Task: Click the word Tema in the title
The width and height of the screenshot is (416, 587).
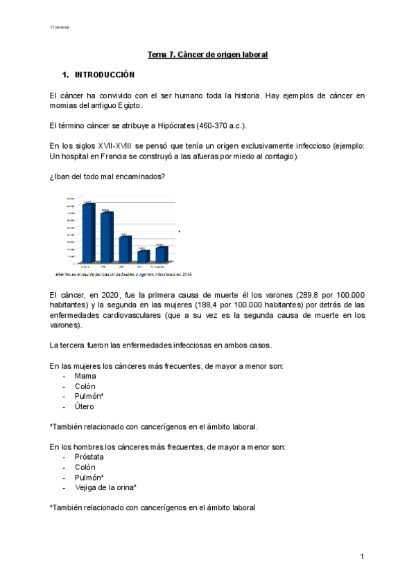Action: [x=157, y=54]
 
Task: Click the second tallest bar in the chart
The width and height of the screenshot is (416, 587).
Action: [x=106, y=237]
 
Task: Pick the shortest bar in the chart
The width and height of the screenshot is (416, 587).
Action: [x=143, y=256]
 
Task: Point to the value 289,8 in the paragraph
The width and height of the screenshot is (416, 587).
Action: [x=296, y=295]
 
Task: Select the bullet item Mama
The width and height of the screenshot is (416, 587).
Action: [x=85, y=376]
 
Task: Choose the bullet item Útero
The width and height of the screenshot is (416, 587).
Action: [x=85, y=406]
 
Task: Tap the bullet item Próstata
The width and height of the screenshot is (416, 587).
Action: [x=89, y=457]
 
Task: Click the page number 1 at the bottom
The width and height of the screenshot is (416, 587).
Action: [x=362, y=557]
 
